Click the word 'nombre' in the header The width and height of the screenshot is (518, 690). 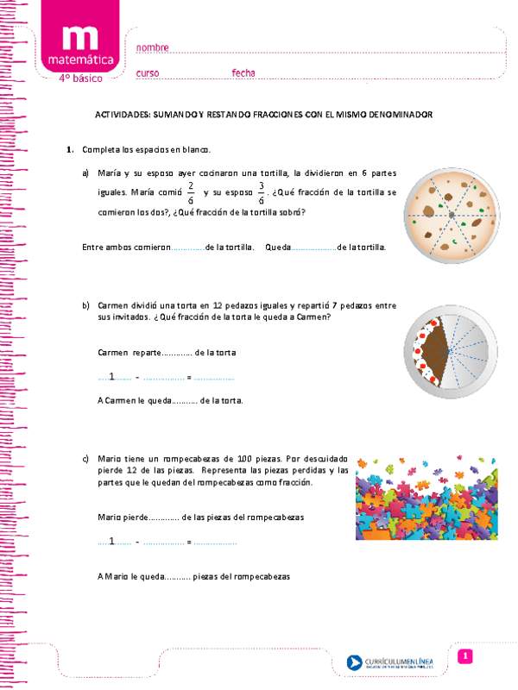(153, 47)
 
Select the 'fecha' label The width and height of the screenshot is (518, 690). (243, 72)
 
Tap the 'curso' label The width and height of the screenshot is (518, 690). (148, 72)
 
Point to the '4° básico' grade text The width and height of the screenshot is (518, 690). (79, 78)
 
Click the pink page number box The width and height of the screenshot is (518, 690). (464, 657)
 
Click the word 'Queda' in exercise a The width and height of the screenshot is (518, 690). (279, 247)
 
